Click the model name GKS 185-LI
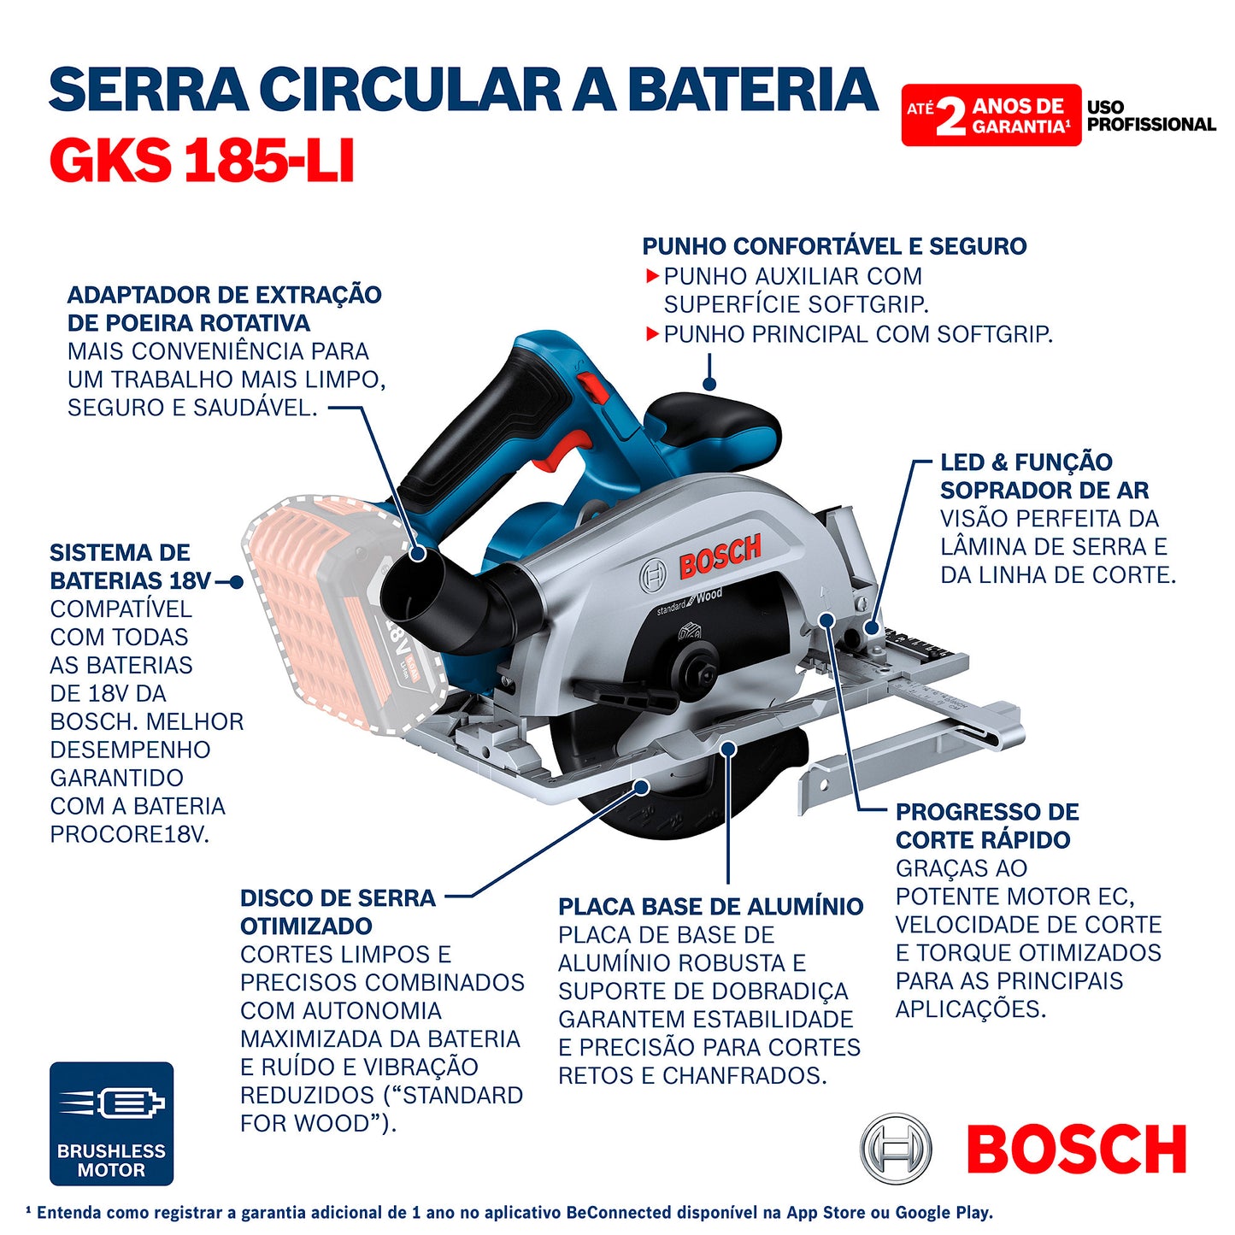[202, 161]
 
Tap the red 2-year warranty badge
[991, 115]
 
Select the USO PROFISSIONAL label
[1150, 115]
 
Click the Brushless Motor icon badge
[111, 1123]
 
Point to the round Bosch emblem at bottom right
[895, 1149]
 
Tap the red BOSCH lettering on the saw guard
[720, 556]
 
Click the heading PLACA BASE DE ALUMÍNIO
[710, 907]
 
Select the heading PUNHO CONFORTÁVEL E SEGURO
[834, 246]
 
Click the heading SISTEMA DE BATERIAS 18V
[129, 567]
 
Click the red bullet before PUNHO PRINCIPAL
[652, 334]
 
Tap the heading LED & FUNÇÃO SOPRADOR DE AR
[1044, 476]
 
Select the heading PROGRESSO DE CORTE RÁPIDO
[986, 826]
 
